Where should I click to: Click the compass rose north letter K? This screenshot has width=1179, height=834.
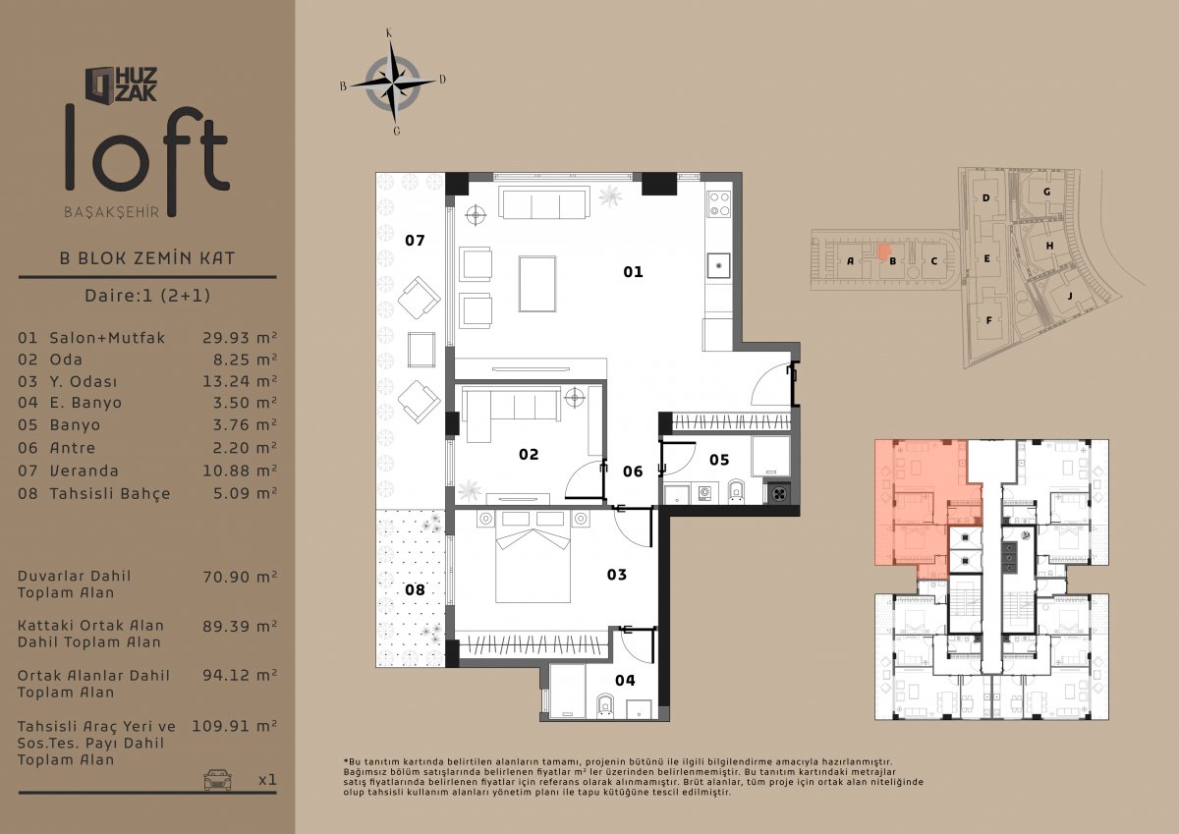(389, 33)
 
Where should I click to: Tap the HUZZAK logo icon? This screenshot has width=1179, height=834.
(99, 84)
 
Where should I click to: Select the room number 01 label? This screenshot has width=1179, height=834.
(633, 272)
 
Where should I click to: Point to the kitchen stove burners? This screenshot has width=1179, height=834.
(718, 204)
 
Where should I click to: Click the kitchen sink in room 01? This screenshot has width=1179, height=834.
(718, 265)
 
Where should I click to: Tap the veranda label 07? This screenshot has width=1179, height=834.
(415, 241)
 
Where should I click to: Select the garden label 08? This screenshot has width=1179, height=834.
(415, 589)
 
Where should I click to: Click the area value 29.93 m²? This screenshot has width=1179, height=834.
(240, 338)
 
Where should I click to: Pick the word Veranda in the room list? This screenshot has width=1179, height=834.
(84, 471)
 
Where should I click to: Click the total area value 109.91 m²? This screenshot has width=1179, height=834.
(234, 726)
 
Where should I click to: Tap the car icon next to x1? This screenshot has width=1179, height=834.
(217, 779)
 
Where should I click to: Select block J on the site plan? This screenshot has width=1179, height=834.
(1070, 297)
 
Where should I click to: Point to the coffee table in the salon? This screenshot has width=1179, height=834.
(537, 284)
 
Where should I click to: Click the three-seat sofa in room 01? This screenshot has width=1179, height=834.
(544, 203)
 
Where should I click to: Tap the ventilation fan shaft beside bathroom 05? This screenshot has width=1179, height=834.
(779, 493)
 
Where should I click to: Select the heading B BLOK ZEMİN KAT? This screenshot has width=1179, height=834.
(147, 258)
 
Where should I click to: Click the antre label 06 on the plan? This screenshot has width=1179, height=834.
(633, 471)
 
